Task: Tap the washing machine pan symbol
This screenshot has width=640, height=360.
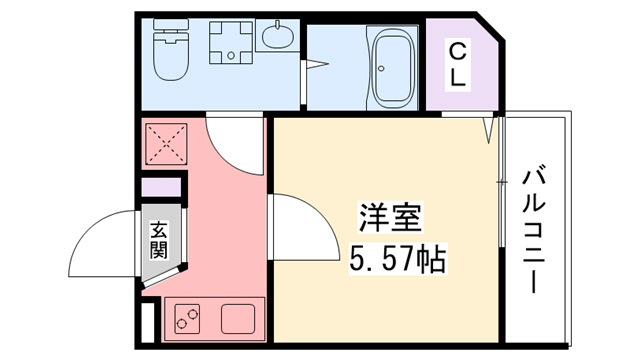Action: (x=233, y=45)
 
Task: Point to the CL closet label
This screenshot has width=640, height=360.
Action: (x=457, y=64)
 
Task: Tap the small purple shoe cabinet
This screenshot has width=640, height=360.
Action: (x=159, y=186)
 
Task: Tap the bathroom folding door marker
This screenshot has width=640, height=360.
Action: (x=318, y=67)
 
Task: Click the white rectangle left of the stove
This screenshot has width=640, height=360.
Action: (x=148, y=324)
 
